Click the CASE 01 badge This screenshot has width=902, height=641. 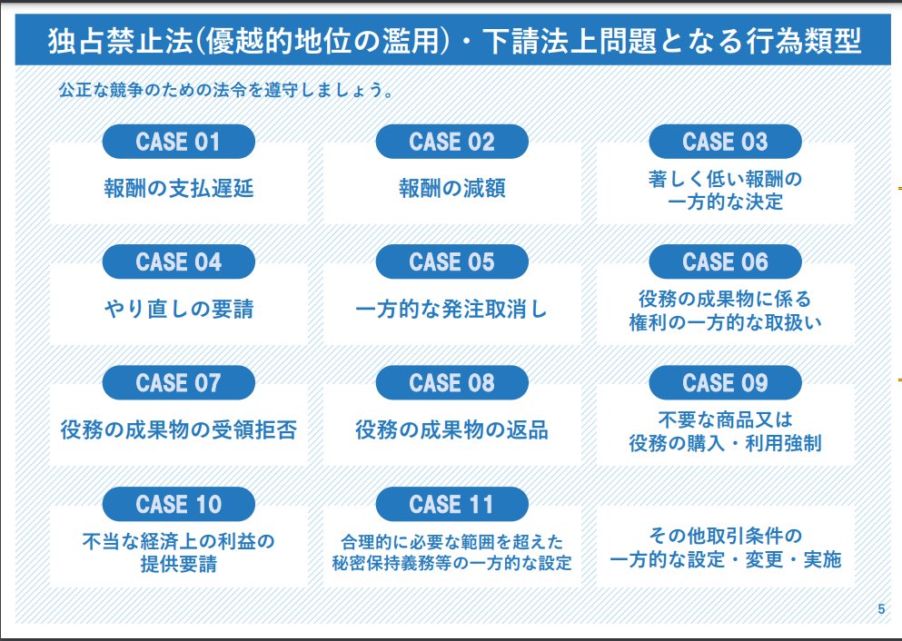coord(178,142)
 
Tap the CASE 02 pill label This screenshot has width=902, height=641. coord(451,142)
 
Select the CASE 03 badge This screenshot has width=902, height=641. coord(725,142)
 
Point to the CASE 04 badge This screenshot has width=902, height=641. coord(178,262)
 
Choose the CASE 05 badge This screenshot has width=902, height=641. coord(451,262)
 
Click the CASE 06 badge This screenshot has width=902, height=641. coord(725,262)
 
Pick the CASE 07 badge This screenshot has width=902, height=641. coord(178,383)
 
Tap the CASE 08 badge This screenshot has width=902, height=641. coord(451,383)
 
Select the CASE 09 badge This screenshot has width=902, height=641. coord(725,383)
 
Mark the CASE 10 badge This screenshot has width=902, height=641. coord(178,504)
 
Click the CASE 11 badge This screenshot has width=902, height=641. coord(451,504)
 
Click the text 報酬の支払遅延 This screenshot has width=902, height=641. coord(178,189)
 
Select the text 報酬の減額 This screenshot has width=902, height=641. coord(451,189)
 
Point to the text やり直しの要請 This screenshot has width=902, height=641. coord(178,310)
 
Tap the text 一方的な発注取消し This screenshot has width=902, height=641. coord(451,310)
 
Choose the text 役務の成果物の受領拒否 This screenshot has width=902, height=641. coord(178,429)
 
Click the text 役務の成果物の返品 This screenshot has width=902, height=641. coord(451,429)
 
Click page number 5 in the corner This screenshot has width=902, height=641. coord(880,609)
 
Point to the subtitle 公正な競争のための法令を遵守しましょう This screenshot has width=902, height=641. coord(224,91)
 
